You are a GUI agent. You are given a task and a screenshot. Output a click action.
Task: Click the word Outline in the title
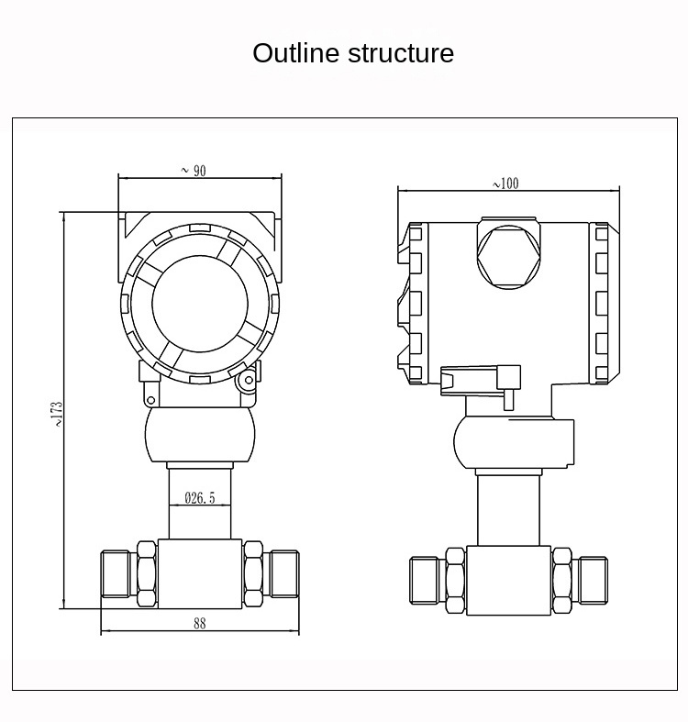point(296,53)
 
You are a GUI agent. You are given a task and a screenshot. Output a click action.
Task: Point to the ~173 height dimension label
point(56,413)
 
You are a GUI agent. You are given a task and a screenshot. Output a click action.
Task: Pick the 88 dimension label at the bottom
point(199,623)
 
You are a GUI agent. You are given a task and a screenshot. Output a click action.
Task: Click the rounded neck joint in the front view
point(199,436)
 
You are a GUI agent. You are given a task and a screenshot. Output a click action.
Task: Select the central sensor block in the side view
point(508,581)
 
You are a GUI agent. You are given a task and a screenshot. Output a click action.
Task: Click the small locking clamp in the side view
point(480,379)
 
